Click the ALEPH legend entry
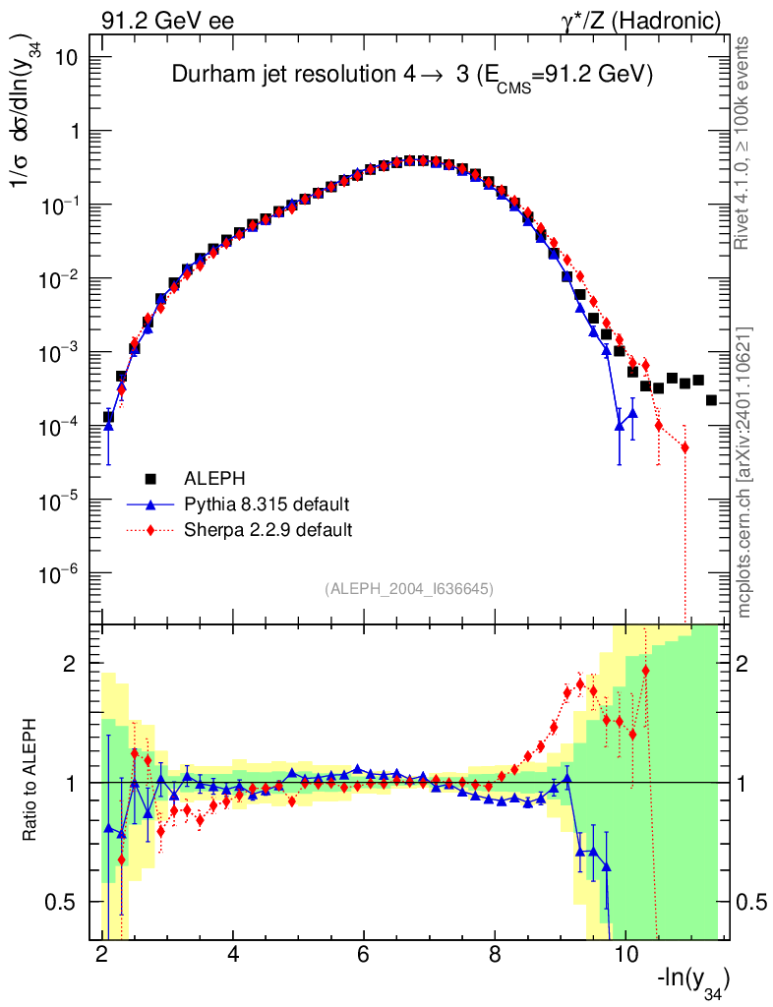tap(210, 479)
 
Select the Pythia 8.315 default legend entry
tap(267, 504)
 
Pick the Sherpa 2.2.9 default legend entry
tap(268, 530)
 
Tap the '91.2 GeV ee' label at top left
tap(166, 21)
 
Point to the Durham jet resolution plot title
tap(412, 76)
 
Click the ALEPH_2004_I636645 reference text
tap(408, 588)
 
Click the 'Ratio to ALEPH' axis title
tap(31, 783)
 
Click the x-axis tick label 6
tap(364, 955)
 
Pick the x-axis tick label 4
tap(233, 955)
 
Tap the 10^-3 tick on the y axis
tap(61, 353)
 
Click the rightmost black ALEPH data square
tap(711, 400)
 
